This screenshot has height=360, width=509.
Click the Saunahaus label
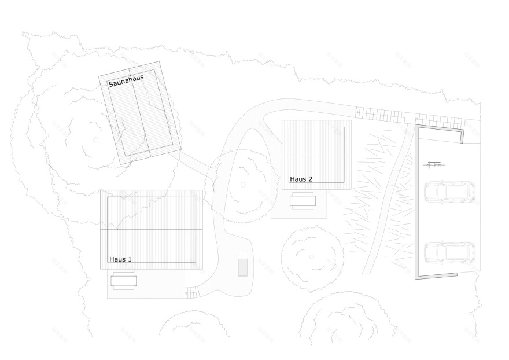click(x=126, y=81)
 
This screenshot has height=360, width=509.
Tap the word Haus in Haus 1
click(x=117, y=259)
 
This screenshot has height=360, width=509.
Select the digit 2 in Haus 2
click(x=310, y=179)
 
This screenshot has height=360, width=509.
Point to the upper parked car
click(x=449, y=192)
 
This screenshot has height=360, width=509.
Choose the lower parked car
click(x=449, y=253)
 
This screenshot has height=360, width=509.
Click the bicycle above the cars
click(x=434, y=165)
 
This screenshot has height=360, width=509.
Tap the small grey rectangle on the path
click(x=243, y=264)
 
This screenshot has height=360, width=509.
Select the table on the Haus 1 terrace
click(x=123, y=281)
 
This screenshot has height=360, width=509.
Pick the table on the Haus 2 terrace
click(x=303, y=201)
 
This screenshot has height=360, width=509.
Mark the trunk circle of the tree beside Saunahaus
click(x=96, y=140)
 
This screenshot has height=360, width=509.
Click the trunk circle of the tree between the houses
click(x=243, y=185)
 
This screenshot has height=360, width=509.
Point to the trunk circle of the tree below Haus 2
click(x=312, y=257)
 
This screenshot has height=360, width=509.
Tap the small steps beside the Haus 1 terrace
click(x=192, y=292)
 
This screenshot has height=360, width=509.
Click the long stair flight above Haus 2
click(x=381, y=115)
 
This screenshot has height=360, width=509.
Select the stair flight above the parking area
click(x=441, y=122)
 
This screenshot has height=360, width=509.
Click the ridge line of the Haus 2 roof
click(x=316, y=155)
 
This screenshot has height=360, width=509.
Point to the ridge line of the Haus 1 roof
click(x=152, y=230)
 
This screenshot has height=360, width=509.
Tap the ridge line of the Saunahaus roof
click(x=139, y=113)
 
